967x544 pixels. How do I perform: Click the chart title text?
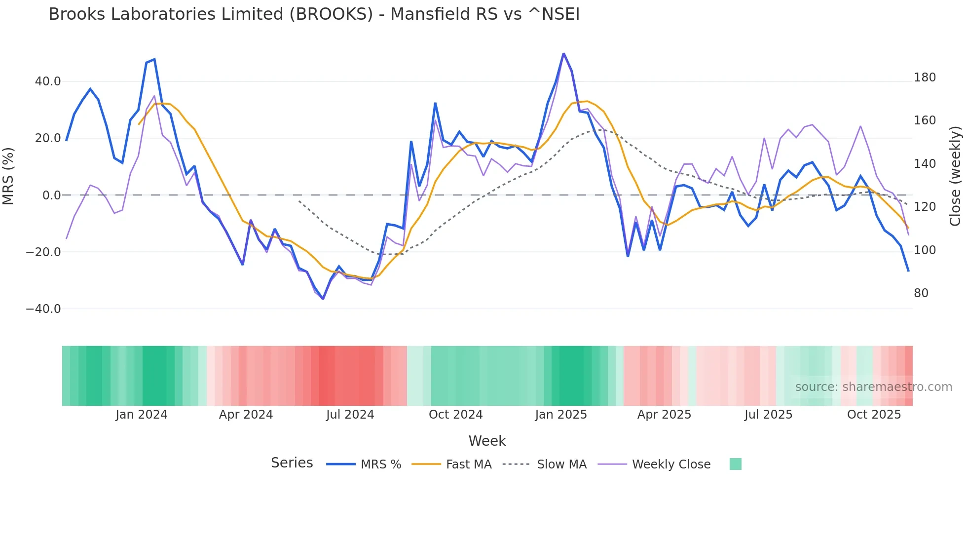pos(314,14)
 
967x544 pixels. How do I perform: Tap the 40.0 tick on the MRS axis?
pos(48,81)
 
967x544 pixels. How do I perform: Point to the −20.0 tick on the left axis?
pos(43,252)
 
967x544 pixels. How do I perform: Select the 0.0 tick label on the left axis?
pos(51,195)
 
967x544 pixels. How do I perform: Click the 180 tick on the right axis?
pos(925,78)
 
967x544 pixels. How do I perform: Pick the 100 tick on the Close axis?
pos(925,250)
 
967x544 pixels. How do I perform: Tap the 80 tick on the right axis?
pos(921,293)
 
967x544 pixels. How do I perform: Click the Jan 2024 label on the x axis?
pos(142,415)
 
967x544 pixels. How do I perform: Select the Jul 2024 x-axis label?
pos(350,415)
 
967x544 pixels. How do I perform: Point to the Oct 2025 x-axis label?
pos(874,415)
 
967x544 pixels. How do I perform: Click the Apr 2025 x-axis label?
pos(664,415)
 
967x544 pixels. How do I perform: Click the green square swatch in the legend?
pos(735,464)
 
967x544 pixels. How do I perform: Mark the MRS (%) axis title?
pos(8,176)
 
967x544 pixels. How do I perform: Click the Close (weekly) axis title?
pos(955,176)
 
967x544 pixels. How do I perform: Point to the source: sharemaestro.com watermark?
pos(873,387)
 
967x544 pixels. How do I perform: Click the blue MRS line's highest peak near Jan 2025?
pos(563,53)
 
